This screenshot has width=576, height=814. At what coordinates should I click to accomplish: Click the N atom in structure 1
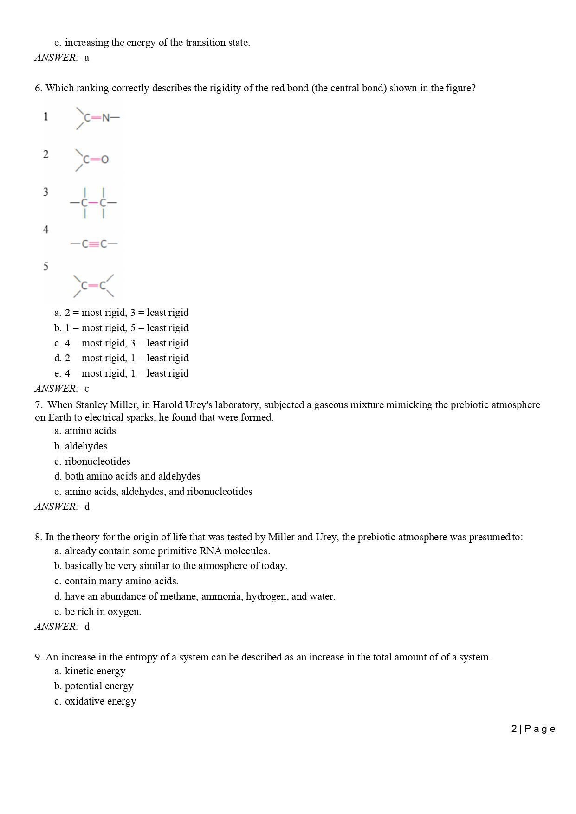106,118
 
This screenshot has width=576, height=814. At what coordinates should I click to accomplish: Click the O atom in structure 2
105,160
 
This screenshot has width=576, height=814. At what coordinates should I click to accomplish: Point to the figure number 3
45,192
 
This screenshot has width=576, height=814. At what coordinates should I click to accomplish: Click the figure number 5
45,267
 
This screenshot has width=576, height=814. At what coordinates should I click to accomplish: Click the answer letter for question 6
87,389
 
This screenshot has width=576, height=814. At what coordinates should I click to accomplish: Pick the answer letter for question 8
87,627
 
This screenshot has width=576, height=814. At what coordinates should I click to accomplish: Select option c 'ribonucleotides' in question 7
97,461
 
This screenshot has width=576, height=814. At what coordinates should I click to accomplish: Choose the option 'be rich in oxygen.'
103,612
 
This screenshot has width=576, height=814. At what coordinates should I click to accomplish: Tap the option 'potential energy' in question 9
99,686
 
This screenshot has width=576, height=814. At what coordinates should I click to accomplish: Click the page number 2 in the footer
514,729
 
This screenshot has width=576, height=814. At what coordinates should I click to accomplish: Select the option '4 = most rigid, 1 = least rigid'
126,373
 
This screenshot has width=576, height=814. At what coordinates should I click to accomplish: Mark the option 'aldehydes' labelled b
86,446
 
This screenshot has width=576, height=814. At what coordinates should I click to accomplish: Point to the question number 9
38,657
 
